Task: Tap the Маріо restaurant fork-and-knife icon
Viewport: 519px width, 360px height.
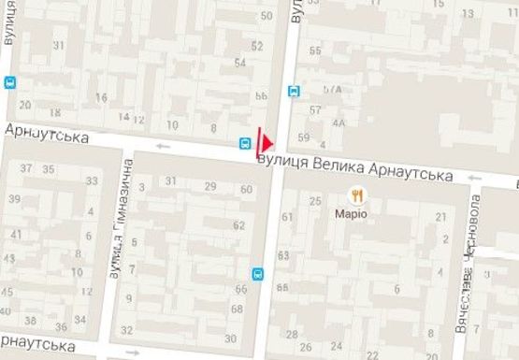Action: pos(356,194)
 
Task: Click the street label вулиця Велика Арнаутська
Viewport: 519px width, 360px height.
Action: pos(354,169)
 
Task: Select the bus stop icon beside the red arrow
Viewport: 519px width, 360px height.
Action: pos(244,144)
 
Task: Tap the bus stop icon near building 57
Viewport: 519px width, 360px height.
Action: pos(294,91)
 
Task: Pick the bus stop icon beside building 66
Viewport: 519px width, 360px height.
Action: pos(257,274)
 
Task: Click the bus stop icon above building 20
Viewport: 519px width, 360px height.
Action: pos(9,81)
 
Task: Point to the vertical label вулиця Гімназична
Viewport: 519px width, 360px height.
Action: pos(118,218)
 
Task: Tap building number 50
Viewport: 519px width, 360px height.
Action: pos(267,16)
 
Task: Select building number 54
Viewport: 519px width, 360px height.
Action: pos(241,63)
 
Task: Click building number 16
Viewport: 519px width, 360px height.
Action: pos(101,97)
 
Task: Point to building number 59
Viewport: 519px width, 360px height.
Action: pos(302,138)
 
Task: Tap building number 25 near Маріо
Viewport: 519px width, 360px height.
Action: pos(316,200)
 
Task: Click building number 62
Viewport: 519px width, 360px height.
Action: pos(239,225)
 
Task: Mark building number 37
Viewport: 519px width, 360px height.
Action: pos(26,169)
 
